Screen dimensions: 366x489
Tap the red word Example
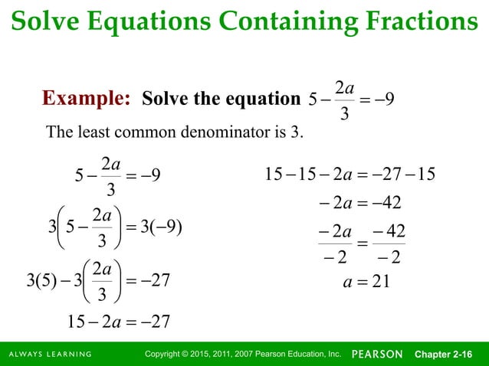tap(85, 99)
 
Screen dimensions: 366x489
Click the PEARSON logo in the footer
tap(377, 354)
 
